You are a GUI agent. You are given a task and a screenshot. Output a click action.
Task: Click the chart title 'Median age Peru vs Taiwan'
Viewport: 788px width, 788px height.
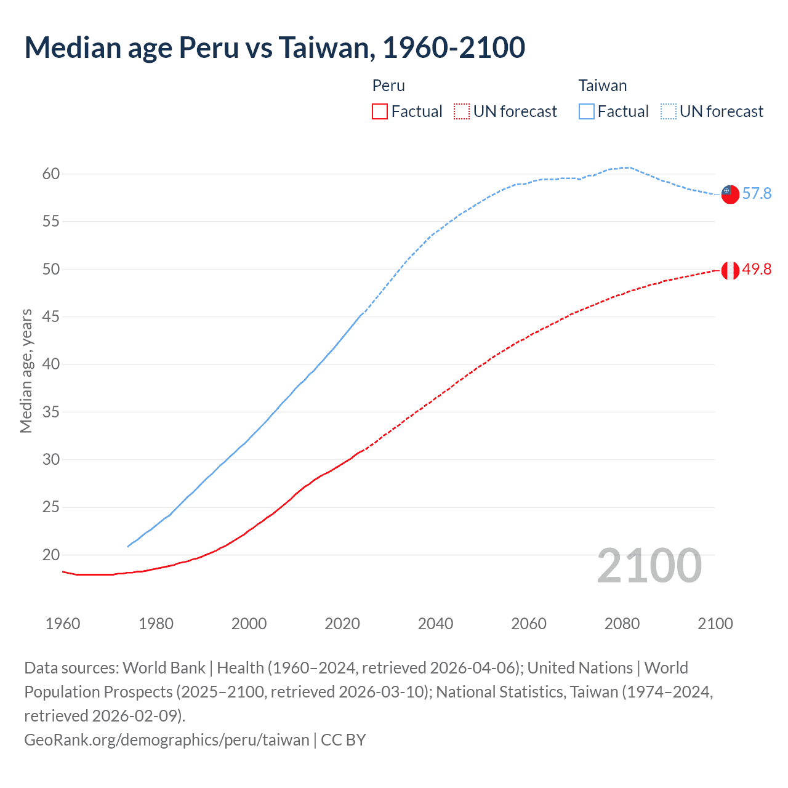[275, 47]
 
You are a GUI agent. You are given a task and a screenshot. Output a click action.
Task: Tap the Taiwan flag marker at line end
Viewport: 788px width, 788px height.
[730, 194]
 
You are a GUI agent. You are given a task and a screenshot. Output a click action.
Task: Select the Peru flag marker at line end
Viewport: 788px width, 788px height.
[730, 270]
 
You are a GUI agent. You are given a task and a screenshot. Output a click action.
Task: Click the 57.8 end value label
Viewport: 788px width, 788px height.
[757, 194]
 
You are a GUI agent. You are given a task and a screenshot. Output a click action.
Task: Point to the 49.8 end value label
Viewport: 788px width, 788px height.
[757, 270]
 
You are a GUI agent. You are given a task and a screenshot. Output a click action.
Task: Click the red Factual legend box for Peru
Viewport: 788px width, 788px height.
[380, 111]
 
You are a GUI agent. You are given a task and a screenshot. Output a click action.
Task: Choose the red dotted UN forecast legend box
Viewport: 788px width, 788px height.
[462, 111]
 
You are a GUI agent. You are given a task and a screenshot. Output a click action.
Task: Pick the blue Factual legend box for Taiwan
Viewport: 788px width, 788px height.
[587, 111]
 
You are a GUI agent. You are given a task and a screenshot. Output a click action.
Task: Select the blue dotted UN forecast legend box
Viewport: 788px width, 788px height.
[669, 111]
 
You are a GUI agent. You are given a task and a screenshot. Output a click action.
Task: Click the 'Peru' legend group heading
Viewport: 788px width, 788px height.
[388, 86]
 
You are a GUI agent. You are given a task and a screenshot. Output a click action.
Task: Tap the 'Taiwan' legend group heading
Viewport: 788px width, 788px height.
[603, 86]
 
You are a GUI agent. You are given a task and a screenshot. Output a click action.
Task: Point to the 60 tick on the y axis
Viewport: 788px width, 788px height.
[51, 174]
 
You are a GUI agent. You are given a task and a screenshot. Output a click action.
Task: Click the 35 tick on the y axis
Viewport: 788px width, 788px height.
[51, 412]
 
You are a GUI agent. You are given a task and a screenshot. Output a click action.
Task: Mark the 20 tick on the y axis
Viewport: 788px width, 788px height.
[51, 555]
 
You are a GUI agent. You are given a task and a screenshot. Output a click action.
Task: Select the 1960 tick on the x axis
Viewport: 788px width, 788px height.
[63, 624]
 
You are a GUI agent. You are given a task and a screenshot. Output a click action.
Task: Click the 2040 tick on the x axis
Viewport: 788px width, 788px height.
[435, 624]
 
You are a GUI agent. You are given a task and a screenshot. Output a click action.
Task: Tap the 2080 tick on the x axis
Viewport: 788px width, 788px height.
[622, 624]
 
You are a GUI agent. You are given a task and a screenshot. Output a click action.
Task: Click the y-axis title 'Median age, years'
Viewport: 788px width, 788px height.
[26, 371]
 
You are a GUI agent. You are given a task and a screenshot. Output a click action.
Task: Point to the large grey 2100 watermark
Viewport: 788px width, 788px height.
[649, 566]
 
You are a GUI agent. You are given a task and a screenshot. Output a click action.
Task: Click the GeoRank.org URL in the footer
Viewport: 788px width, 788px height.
[167, 739]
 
